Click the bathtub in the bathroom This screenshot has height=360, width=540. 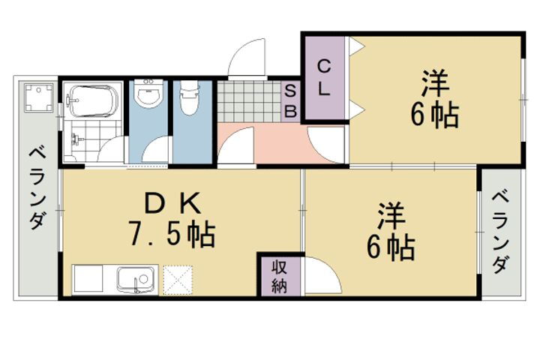click(x=94, y=100)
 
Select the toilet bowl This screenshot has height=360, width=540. click(x=187, y=100)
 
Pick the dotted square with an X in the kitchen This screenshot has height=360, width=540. click(x=178, y=280)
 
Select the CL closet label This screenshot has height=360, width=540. click(x=324, y=77)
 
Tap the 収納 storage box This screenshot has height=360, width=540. click(x=280, y=276)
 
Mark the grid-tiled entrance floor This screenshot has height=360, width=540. click(x=248, y=100)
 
